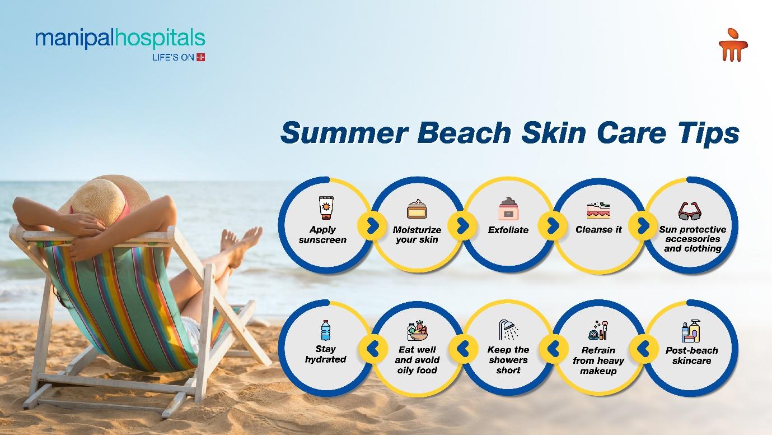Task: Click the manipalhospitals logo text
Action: pos(120,39)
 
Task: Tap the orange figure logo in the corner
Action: pos(733,45)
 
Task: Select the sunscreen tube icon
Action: pos(326,207)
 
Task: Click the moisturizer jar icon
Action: pos(417,209)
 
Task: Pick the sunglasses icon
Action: pos(690,211)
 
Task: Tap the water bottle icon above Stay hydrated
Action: pos(326,331)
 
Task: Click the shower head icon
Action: pos(508,330)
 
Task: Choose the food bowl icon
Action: pos(418,331)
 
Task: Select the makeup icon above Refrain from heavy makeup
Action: pos(598,330)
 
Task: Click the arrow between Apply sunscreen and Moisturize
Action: pos(372,226)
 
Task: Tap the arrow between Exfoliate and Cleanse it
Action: pos(553,226)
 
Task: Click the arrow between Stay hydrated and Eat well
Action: pos(373,349)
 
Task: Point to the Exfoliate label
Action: pos(508,230)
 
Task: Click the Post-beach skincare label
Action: pos(692,355)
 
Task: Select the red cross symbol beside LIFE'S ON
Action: pos(200,57)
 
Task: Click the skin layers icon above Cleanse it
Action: pos(598,210)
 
